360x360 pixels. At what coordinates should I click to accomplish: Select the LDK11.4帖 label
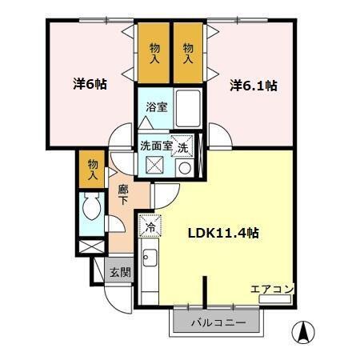point(223,233)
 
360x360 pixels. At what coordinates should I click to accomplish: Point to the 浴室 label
point(156,106)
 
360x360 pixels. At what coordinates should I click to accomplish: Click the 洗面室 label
point(156,146)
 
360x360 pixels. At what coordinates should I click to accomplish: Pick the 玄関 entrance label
point(120,272)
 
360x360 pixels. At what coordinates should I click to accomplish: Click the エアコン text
point(272,289)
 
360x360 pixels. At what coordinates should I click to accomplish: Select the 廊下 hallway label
point(123,196)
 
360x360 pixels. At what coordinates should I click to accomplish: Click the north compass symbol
point(306,330)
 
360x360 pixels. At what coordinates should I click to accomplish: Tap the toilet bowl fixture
point(90,211)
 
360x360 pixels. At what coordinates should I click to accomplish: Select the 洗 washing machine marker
point(183,148)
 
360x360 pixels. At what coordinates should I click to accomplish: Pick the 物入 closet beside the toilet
point(93,169)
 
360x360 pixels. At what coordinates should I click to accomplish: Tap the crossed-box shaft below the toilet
point(92,245)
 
